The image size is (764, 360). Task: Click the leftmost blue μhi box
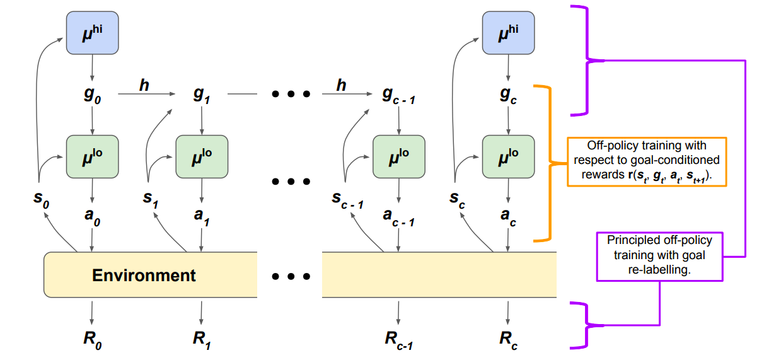point(93,33)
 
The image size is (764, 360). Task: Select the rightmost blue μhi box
point(508,33)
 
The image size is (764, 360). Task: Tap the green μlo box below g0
point(93,156)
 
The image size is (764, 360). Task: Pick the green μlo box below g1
point(202,156)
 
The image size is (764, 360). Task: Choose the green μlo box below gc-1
point(399,156)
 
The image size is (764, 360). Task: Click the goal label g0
point(93,95)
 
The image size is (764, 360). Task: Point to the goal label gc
point(508,95)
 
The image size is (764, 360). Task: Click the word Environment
point(144,276)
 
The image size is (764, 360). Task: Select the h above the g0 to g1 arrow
point(144,84)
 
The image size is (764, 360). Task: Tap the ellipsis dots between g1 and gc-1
point(291,95)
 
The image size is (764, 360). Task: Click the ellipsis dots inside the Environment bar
point(291,276)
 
